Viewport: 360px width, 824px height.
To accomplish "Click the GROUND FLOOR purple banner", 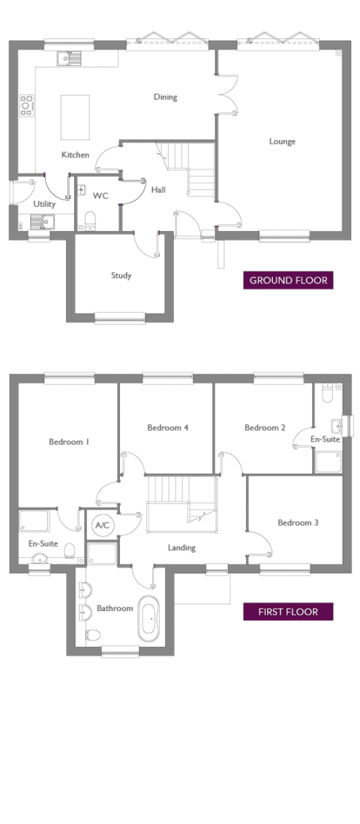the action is point(288,280).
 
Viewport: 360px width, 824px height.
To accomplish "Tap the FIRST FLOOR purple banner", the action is point(288,612).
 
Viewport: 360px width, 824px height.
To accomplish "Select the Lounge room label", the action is point(282,142).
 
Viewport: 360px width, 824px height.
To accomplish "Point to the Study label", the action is point(121,275).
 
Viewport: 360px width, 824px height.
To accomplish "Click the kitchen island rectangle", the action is point(75,117).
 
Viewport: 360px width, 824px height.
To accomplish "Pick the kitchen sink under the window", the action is point(70,57).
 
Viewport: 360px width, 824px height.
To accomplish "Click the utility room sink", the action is point(43,222).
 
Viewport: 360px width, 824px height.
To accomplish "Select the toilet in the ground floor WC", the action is point(90,220).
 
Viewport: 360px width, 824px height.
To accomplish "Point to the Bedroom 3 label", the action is point(298,523).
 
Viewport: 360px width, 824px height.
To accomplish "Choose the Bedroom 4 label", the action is point(168,428).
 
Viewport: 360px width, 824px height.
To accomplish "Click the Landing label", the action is point(181,547).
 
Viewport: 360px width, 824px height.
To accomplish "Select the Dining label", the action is point(166,97).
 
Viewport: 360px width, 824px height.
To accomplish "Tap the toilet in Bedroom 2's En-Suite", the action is point(328,393).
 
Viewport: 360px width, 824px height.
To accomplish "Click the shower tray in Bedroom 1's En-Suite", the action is point(34,520).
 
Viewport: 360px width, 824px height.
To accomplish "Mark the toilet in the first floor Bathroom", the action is point(92,635).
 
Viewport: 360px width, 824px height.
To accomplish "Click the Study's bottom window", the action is point(120,317).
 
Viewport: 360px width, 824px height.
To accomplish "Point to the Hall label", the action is point(158,190).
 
